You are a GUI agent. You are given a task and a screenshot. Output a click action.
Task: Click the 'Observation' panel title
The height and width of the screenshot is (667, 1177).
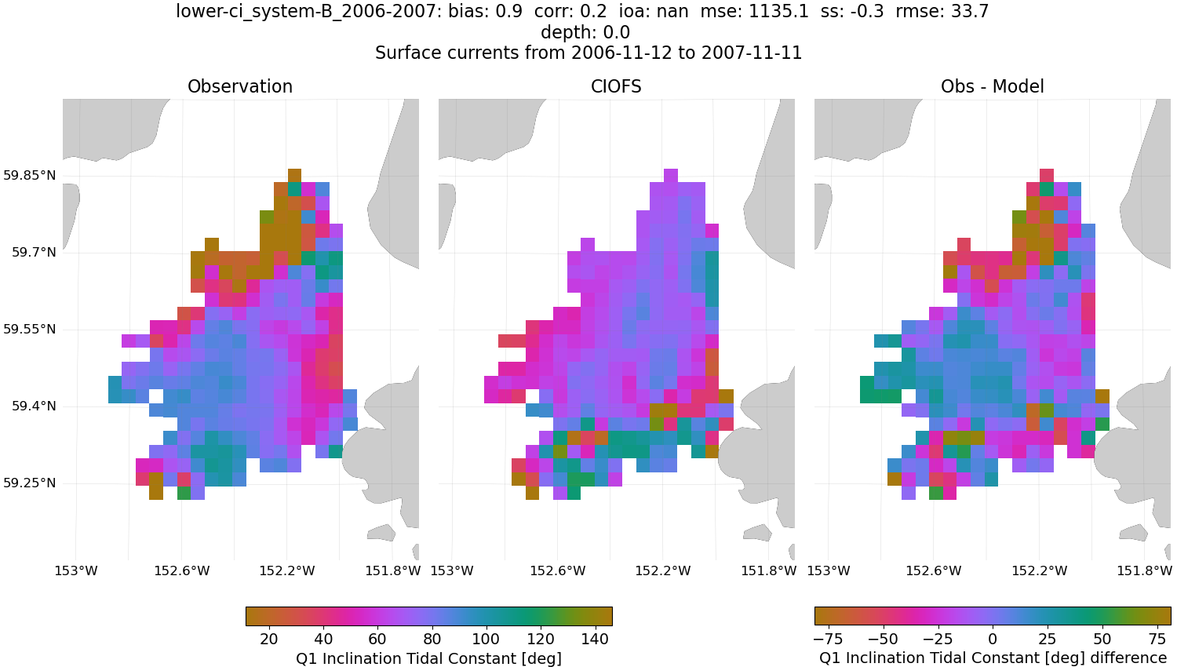coord(240,86)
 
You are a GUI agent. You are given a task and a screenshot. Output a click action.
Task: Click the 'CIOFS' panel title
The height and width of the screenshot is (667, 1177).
coord(616,86)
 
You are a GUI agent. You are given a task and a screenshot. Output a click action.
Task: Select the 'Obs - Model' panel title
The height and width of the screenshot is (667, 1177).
coord(992,86)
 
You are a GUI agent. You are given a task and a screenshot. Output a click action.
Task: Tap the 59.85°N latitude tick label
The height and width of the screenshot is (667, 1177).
coord(29,175)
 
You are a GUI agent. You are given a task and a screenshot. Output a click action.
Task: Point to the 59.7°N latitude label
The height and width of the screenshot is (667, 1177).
coord(33,252)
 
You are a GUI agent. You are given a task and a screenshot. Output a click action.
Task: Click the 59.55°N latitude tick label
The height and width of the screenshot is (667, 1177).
coord(29,329)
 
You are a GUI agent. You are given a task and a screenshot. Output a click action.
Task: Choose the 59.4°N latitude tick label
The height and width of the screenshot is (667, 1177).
coord(33,406)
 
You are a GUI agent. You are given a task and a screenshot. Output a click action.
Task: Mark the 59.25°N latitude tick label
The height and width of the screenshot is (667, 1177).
coord(29,483)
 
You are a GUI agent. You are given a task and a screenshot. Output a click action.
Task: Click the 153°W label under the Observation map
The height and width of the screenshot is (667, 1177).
coord(75,570)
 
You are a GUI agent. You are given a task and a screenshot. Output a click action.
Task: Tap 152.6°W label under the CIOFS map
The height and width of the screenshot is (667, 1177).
coord(558,570)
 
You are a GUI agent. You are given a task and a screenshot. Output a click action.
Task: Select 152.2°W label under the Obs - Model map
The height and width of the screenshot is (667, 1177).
coord(1040,570)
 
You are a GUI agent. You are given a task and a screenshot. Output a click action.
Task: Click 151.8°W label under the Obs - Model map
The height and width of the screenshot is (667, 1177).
coord(1145,570)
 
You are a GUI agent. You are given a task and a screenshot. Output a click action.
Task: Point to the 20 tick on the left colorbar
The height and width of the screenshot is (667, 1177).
coord(268,638)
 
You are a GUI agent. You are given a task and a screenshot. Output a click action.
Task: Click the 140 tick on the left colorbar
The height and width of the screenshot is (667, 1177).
coord(595,638)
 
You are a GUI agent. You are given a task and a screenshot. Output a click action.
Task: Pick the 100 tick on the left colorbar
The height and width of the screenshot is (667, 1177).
coord(486,638)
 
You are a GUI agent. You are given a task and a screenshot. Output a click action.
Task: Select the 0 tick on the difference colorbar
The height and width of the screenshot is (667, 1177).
coord(993,638)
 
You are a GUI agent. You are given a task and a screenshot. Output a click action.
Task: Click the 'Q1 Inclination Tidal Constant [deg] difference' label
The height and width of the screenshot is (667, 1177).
coord(993,658)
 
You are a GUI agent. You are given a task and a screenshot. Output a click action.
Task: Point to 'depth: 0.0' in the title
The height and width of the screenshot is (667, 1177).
coord(585,32)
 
